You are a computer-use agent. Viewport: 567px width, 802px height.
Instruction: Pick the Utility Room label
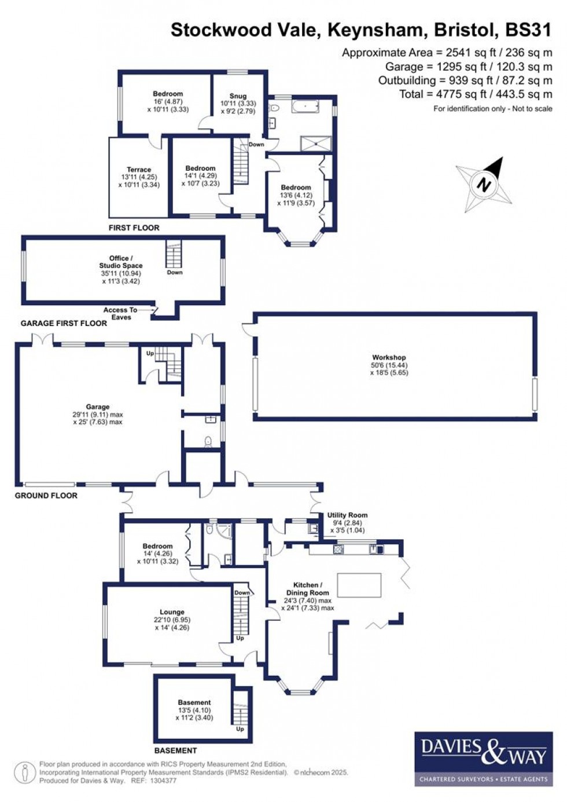[x=347, y=515]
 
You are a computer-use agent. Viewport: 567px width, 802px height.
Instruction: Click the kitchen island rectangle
[x=359, y=585]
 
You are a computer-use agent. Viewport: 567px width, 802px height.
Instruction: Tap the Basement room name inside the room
[x=194, y=702]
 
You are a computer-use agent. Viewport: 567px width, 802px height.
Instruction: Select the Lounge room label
[x=172, y=612]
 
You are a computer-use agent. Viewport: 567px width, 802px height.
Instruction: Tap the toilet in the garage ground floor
[x=208, y=442]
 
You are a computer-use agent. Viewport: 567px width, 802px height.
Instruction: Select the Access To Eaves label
[x=120, y=313]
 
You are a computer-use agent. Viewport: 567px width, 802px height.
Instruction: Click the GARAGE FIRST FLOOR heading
[x=64, y=323]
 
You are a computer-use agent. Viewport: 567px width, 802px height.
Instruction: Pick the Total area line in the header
[x=476, y=94]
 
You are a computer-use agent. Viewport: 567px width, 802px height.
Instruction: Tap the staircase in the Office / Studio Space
[x=174, y=254]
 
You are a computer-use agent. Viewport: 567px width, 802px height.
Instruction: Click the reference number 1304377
[x=163, y=781]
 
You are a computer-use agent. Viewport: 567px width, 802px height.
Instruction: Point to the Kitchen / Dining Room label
[x=307, y=589]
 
